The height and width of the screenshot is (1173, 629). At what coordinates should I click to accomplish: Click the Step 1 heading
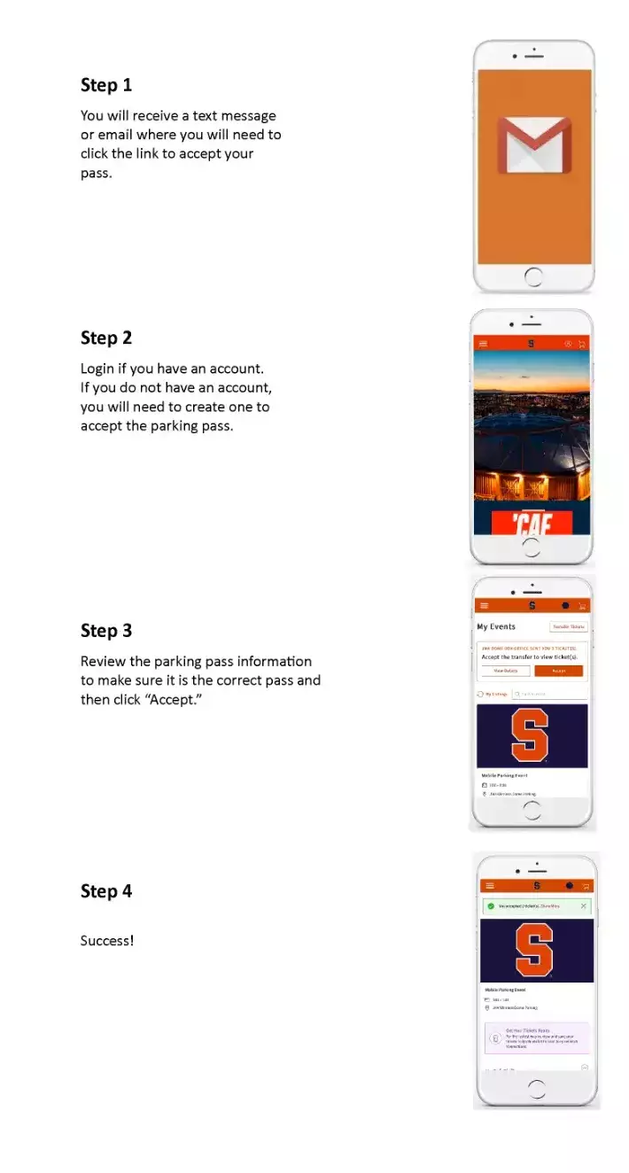(x=105, y=85)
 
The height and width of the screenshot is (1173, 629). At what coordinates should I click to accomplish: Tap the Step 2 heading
(x=105, y=338)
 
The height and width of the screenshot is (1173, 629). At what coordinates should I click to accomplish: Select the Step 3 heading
(x=105, y=630)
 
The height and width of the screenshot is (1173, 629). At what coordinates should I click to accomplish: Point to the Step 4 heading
(x=105, y=890)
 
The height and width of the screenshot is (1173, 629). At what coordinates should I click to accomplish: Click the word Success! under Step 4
(x=106, y=940)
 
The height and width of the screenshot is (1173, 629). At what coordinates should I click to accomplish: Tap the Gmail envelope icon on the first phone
(x=533, y=144)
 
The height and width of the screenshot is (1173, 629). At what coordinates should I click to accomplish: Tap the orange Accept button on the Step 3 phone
(x=558, y=671)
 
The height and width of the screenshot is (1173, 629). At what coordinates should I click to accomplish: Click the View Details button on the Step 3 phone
(x=506, y=671)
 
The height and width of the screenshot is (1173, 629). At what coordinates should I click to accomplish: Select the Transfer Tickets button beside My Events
(x=568, y=626)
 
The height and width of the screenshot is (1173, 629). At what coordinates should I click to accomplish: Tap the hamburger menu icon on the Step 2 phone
(x=483, y=344)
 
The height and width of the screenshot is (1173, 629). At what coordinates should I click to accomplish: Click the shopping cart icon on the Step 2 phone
(x=581, y=344)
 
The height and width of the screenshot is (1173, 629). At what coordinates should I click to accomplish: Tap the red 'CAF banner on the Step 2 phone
(x=532, y=523)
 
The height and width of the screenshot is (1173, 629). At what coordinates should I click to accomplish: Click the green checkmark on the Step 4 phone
(x=491, y=905)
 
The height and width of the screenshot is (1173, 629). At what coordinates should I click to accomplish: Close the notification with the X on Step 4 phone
(x=583, y=905)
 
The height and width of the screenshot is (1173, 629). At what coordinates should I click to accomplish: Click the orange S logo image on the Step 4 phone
(x=535, y=950)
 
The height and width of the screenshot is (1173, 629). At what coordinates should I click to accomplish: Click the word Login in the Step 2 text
(x=97, y=368)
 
